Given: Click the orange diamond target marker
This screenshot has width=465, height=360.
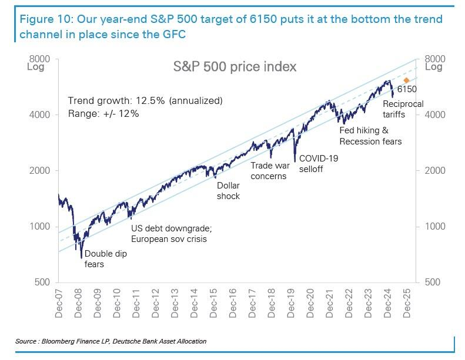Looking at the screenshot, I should [406, 80].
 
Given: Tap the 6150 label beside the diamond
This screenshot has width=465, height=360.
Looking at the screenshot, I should [406, 90].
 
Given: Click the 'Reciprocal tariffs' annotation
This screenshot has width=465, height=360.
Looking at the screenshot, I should [403, 109].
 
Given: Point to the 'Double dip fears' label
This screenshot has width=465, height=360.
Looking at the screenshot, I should [105, 259].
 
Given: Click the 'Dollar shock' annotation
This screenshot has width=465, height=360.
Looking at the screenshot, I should [228, 191].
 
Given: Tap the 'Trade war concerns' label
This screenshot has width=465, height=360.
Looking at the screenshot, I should [269, 171].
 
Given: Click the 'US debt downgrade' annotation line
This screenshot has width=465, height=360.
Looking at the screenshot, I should [170, 228].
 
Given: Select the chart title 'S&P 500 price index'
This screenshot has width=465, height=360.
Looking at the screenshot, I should [235, 66].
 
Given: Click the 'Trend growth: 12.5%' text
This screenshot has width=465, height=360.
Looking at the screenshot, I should [145, 100].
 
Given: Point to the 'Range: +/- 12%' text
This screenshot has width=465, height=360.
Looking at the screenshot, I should [103, 113].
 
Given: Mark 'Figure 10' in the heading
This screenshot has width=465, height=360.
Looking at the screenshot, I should [42, 19].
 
